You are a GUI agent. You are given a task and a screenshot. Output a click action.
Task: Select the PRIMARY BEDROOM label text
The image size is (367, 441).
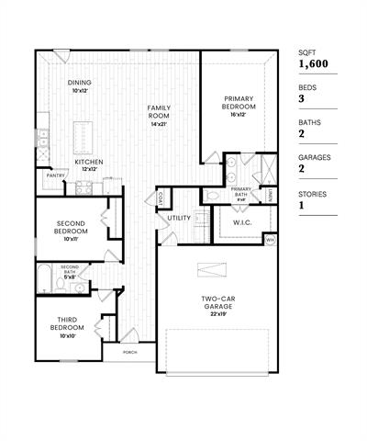pyautogui.click(x=239, y=102)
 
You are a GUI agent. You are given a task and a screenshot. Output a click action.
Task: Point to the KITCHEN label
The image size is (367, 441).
pyautogui.click(x=89, y=164)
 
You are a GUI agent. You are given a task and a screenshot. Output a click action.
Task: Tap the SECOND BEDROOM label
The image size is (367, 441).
pyautogui.click(x=71, y=227)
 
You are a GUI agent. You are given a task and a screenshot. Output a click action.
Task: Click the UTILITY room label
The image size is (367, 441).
pyautogui.click(x=179, y=218)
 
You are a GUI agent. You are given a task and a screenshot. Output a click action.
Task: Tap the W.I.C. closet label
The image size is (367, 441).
pyautogui.click(x=243, y=221)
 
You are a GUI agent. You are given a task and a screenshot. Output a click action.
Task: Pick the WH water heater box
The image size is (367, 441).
pyautogui.click(x=270, y=240)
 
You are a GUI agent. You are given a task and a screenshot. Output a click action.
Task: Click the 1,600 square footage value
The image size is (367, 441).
pyautogui.click(x=313, y=64)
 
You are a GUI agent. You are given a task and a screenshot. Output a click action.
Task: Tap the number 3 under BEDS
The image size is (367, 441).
pyautogui.click(x=302, y=99)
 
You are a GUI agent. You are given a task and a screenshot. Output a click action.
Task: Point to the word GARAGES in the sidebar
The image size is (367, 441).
pyautogui.click(x=314, y=158)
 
